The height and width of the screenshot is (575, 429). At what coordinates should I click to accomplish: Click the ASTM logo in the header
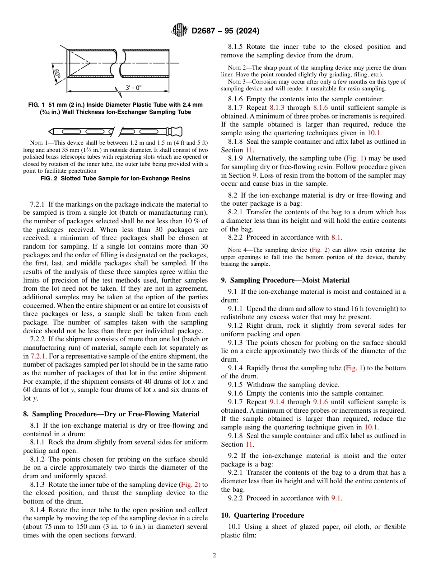[x=180, y=31]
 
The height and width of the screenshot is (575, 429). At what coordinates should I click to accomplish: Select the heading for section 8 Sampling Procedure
[x=111, y=414]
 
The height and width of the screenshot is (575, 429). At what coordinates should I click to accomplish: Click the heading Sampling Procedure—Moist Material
[x=285, y=280]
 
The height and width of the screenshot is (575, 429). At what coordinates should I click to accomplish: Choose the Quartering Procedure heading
[x=262, y=515]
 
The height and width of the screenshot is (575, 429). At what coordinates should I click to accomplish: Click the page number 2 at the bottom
[x=214, y=556]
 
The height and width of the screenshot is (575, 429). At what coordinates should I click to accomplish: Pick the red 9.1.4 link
[x=277, y=402]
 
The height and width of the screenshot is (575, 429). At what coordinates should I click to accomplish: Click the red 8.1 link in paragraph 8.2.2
[x=336, y=237]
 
